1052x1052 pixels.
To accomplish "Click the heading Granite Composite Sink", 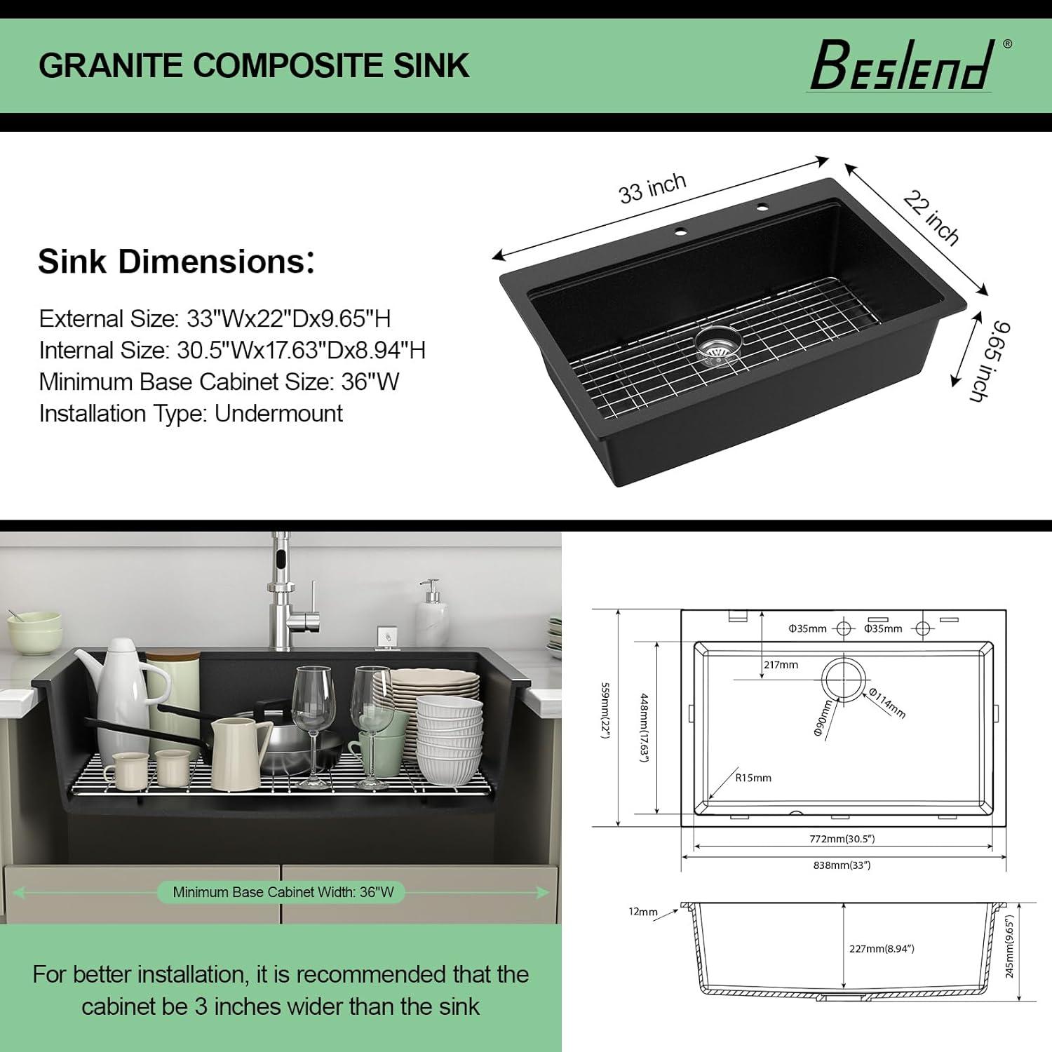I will point(253,65).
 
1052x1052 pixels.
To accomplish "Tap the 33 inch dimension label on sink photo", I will point(652,188).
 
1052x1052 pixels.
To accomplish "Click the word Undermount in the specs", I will point(278,413).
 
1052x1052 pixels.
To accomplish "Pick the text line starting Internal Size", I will point(232,350).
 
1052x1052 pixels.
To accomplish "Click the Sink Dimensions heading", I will point(176,262).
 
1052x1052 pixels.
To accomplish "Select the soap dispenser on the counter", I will point(432,614).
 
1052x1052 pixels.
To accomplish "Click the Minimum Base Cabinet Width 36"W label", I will point(283,892).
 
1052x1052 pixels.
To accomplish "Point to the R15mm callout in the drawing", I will point(753,778).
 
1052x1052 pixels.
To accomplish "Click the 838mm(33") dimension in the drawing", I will point(842,865).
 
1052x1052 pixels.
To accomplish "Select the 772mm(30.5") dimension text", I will point(842,839).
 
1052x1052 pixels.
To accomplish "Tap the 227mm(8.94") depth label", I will point(882,949).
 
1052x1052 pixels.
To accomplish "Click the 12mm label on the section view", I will point(643,912).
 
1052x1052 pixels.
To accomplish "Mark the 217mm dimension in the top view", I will point(781,665).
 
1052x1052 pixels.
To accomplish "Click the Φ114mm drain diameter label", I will point(888,703).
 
